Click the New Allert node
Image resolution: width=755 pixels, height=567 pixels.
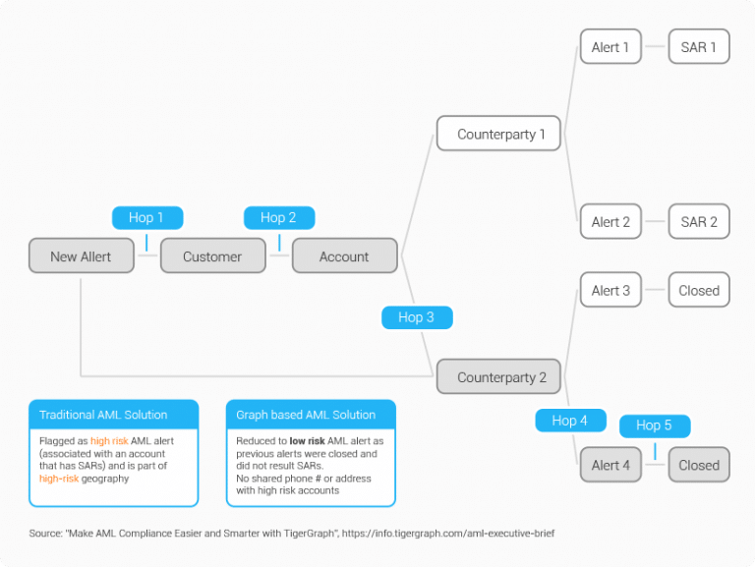pos(82,256)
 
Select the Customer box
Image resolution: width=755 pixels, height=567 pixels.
pos(213,256)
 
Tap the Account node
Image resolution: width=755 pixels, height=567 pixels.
pos(344,256)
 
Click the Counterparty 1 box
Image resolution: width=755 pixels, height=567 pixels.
pos(499,134)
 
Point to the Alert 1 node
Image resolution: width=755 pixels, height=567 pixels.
pos(610,47)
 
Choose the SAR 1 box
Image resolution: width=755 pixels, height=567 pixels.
pos(699,47)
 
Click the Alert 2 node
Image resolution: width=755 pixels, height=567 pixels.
pos(610,222)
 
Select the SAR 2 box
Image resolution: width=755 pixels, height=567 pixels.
pos(699,222)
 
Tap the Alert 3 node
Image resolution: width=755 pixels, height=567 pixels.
pos(610,291)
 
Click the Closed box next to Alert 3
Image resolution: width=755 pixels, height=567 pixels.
pos(699,291)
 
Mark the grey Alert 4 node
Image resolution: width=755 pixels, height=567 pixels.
pos(610,465)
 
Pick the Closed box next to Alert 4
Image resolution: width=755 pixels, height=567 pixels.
pos(699,465)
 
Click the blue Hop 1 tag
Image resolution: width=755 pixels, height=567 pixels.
pos(147,218)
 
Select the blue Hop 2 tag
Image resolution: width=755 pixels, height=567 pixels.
pos(279,218)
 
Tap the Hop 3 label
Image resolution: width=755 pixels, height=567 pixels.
pos(417,317)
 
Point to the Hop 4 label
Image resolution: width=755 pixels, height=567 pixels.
pos(570,421)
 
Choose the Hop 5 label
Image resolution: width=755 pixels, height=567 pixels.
pos(655,425)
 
